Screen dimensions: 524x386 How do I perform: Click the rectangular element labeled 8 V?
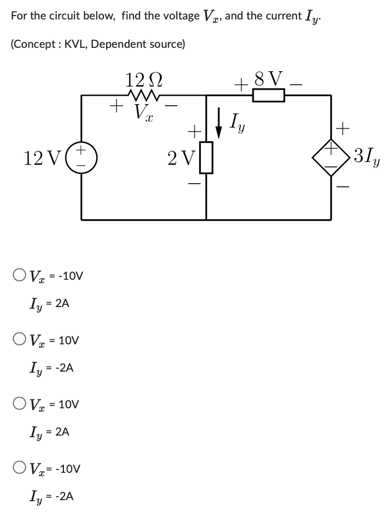point(269,96)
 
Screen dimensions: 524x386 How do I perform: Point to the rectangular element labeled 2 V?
point(207,157)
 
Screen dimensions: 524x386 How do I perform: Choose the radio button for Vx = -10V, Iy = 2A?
point(19,275)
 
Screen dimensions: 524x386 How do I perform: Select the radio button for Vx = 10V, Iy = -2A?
point(19,339)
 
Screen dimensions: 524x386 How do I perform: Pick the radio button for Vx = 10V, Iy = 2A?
point(19,404)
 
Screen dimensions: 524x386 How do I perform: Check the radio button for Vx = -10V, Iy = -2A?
point(19,468)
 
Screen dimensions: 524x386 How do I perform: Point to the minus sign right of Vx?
point(174,103)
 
